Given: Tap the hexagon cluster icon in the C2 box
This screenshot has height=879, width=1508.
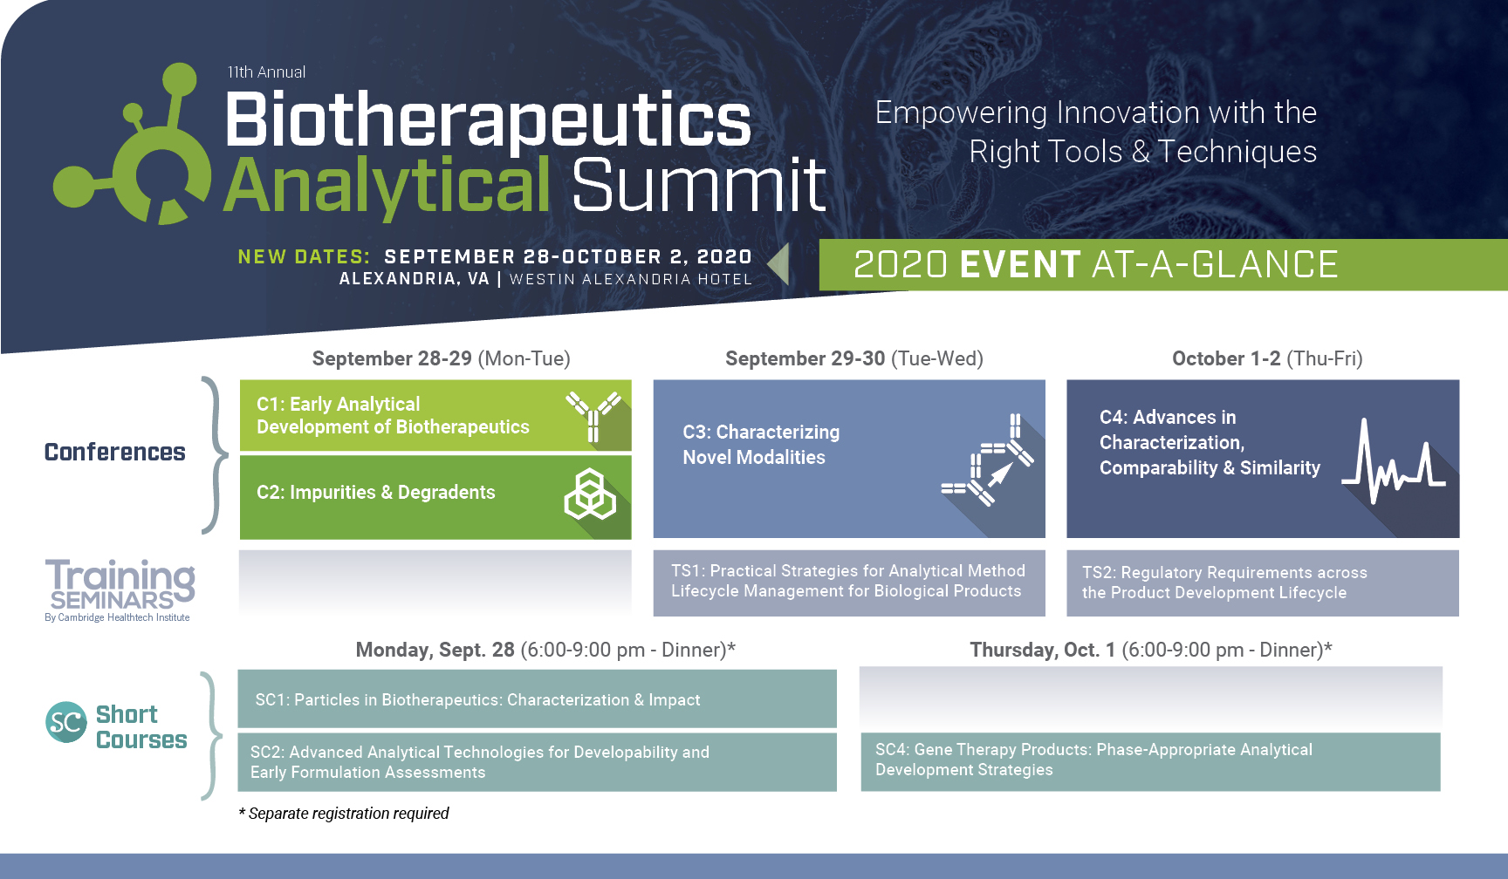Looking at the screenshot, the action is pos(590,494).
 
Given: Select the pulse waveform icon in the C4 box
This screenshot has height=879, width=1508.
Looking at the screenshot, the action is pos(1394,461).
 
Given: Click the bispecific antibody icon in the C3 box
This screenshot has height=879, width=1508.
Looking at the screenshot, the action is pos(987,460).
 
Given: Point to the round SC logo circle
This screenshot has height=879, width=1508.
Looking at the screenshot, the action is pos(66,722).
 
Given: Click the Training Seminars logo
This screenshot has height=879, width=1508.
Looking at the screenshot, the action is pos(120,590).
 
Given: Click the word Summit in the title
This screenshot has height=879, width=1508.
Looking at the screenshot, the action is pos(699,185).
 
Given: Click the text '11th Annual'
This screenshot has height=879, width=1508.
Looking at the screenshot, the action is pos(266,72).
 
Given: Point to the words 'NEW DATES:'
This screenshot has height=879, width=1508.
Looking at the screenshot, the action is pos(304,257).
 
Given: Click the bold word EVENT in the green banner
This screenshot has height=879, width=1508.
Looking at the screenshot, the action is pos(1020,264).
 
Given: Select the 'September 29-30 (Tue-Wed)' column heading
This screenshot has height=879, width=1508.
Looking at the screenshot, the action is pos(854,358).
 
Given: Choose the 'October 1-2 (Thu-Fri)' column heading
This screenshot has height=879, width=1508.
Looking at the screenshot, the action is pos(1267,358).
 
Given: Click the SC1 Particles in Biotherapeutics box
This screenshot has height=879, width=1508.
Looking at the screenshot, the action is pos(537,698).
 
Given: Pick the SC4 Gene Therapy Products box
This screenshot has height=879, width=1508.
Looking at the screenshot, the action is pos(1150,761).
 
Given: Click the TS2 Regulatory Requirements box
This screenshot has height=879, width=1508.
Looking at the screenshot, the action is pos(1263,583).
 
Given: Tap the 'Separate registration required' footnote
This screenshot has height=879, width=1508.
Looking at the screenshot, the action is pos(344,814).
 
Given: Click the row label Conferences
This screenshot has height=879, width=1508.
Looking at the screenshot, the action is pos(115,452).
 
